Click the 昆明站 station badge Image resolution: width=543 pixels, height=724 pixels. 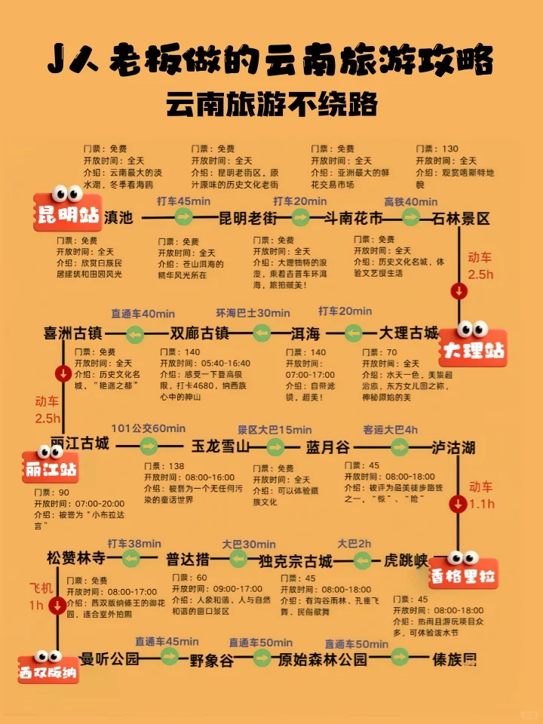coord(68,213)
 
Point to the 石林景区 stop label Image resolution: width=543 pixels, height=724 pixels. coord(461,219)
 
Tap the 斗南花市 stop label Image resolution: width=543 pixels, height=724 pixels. coord(353,219)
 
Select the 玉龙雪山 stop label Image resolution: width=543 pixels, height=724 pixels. coord(220,446)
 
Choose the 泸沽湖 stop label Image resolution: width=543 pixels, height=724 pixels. coord(453,448)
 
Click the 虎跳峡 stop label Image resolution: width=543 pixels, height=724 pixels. coord(406,560)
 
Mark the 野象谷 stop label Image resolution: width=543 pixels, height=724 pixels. coord(211,660)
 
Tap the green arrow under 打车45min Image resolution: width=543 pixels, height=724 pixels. coord(184,217)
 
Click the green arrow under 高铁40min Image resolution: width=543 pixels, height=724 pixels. coord(410,217)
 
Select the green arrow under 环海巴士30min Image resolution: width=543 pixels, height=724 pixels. coord(262,333)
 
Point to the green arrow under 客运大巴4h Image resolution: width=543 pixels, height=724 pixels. coord(390,446)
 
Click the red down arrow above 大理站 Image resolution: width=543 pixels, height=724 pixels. coord(459,291)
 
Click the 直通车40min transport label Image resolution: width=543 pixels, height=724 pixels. coord(143,314)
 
